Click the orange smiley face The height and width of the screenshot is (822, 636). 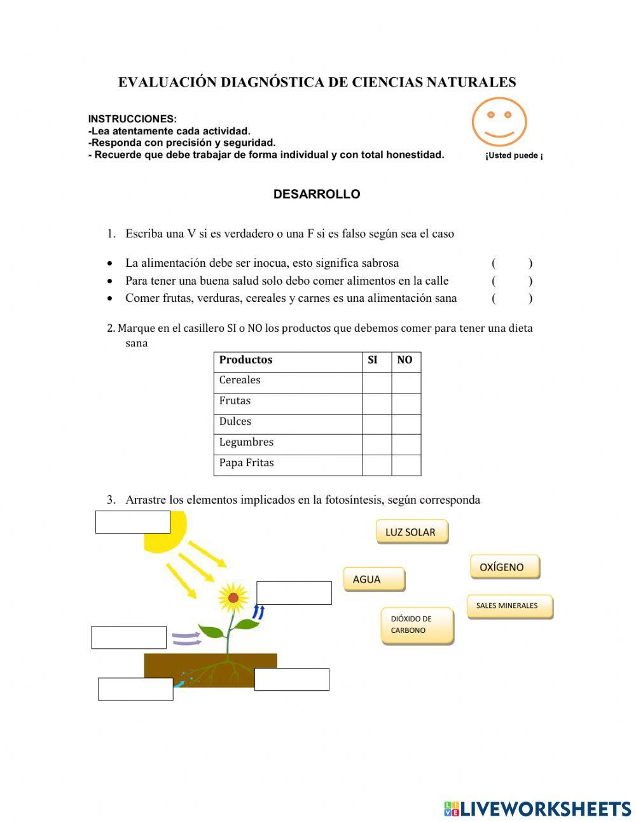499,122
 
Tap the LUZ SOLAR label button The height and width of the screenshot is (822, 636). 411,532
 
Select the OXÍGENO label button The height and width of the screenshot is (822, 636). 504,567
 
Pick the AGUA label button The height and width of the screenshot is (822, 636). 374,579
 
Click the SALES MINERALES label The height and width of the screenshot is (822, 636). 509,606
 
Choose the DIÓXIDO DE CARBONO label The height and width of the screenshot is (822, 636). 417,625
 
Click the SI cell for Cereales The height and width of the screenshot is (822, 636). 377,383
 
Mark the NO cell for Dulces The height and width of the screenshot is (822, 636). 406,424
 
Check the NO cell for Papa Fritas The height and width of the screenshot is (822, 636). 406,465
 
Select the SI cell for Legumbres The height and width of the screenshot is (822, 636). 377,444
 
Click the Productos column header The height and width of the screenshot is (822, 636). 246,360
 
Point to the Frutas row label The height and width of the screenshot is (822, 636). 235,401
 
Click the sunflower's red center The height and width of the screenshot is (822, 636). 233,598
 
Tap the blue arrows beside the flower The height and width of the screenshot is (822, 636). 258,612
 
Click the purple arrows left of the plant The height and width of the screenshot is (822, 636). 186,639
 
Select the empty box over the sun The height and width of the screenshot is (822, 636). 132,522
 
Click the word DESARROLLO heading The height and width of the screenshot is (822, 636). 317,194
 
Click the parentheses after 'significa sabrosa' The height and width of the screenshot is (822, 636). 512,263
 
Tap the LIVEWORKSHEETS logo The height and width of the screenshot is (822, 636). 537,809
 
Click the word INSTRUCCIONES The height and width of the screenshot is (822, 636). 132,119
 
